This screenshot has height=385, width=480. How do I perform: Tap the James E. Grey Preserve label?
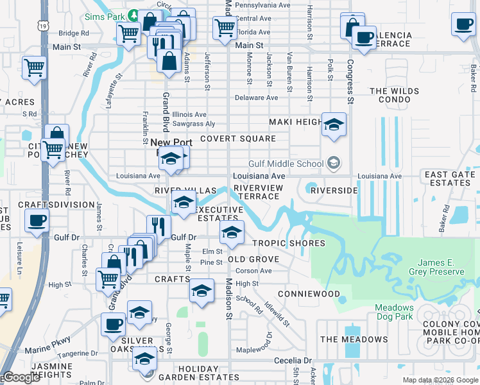(x=440, y=267)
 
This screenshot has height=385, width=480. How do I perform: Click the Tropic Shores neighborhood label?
(x=288, y=243)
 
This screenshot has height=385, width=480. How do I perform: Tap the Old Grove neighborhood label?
(x=253, y=259)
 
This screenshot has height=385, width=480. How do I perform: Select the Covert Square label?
(x=237, y=139)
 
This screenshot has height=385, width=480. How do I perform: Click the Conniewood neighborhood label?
(x=313, y=294)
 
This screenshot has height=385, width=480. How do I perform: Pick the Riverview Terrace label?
(x=257, y=191)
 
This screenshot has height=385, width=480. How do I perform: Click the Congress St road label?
(x=350, y=81)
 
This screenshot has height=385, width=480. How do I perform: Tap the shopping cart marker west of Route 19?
(x=34, y=67)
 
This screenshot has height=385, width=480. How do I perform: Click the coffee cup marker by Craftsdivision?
(x=36, y=221)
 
